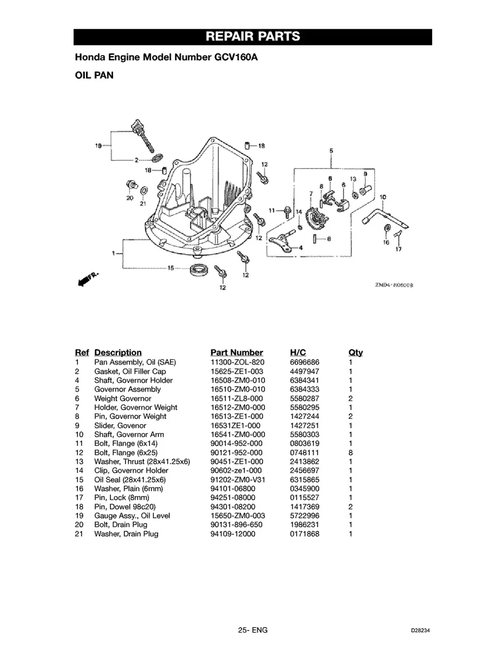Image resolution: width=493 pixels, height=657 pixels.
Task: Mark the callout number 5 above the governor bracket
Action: [x=331, y=150]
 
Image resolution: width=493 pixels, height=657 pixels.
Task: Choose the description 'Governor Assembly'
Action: [x=127, y=389]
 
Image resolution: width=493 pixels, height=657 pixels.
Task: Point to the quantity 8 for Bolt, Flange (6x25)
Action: [x=351, y=453]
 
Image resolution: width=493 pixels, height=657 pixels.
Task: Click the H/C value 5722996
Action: [x=305, y=516]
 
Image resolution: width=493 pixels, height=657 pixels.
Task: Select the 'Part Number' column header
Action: [x=236, y=352]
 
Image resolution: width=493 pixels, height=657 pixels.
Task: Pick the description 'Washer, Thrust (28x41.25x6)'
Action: [x=142, y=461]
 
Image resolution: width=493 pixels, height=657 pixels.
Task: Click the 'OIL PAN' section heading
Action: [x=94, y=75]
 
